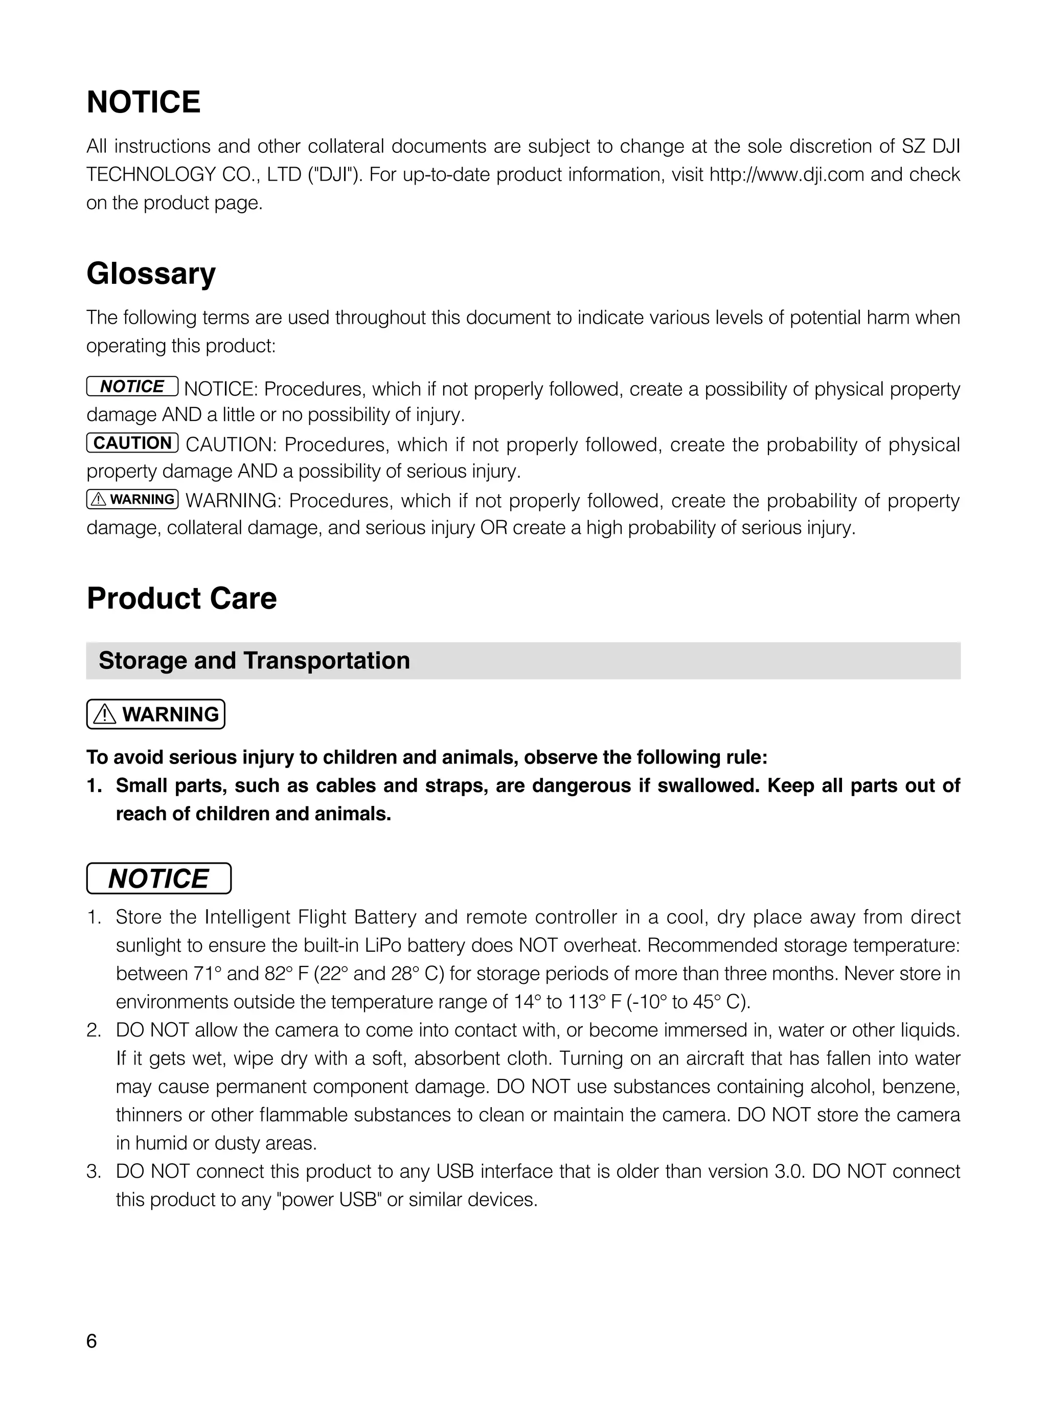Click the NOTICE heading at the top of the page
click(143, 102)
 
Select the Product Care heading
click(181, 598)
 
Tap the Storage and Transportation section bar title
click(254, 660)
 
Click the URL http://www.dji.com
click(786, 174)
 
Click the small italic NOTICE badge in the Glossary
click(132, 386)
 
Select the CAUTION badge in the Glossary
click(132, 442)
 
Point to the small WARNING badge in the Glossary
click(132, 499)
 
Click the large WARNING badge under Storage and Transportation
click(156, 714)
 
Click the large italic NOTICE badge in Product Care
click(158, 878)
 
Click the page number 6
click(92, 1341)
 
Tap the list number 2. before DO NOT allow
click(94, 1030)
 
